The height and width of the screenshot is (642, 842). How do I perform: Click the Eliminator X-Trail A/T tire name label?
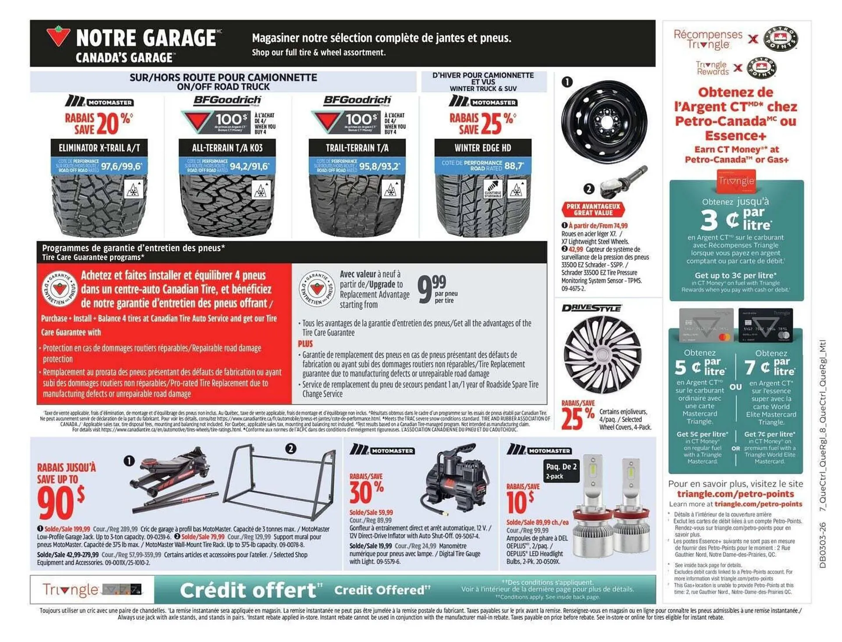99,148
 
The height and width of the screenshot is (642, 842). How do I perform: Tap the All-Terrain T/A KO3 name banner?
227,148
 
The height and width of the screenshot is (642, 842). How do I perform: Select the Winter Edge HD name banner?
482,148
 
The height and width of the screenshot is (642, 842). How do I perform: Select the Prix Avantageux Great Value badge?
593,209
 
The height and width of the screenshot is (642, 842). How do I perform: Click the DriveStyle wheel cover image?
602,355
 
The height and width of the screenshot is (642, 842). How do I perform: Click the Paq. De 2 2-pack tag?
561,470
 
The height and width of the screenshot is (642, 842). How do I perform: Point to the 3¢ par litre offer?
736,219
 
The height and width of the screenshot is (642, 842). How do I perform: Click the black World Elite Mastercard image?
765,325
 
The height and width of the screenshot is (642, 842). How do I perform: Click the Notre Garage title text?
146,38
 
